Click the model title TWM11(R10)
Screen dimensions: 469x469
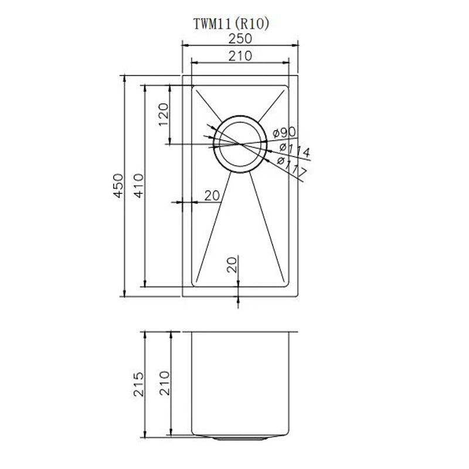(x=232, y=24)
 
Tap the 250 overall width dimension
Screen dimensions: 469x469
(x=240, y=39)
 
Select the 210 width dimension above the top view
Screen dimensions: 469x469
(x=240, y=56)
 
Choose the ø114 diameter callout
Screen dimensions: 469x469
(x=294, y=150)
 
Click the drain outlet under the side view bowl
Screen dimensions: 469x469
(x=239, y=437)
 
